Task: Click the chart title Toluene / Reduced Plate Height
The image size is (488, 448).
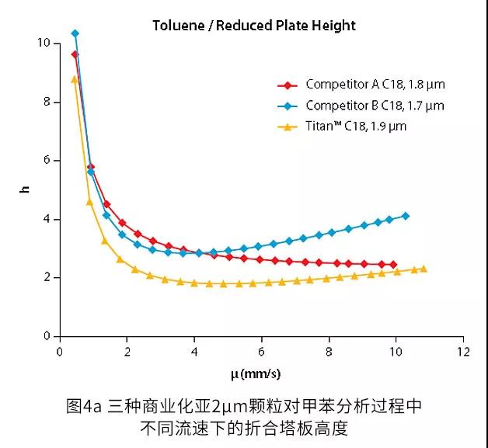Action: tap(254, 26)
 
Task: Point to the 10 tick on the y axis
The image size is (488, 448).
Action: tap(44, 43)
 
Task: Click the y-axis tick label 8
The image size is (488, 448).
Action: tap(47, 102)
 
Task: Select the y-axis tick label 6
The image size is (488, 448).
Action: tap(47, 161)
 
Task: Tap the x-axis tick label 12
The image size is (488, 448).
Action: tap(463, 352)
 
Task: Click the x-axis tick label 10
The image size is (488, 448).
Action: tap(396, 352)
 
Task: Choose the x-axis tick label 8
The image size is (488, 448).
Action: tap(329, 352)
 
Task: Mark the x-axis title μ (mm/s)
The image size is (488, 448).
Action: tap(256, 374)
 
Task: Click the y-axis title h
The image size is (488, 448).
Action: tap(25, 189)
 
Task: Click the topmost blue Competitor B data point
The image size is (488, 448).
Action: tap(75, 33)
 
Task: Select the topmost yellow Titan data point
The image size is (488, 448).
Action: tap(75, 79)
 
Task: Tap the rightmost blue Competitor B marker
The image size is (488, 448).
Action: tap(406, 216)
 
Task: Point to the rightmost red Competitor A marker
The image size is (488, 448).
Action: tap(393, 265)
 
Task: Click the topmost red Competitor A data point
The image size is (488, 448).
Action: tap(75, 54)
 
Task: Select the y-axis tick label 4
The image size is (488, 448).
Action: tap(47, 219)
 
